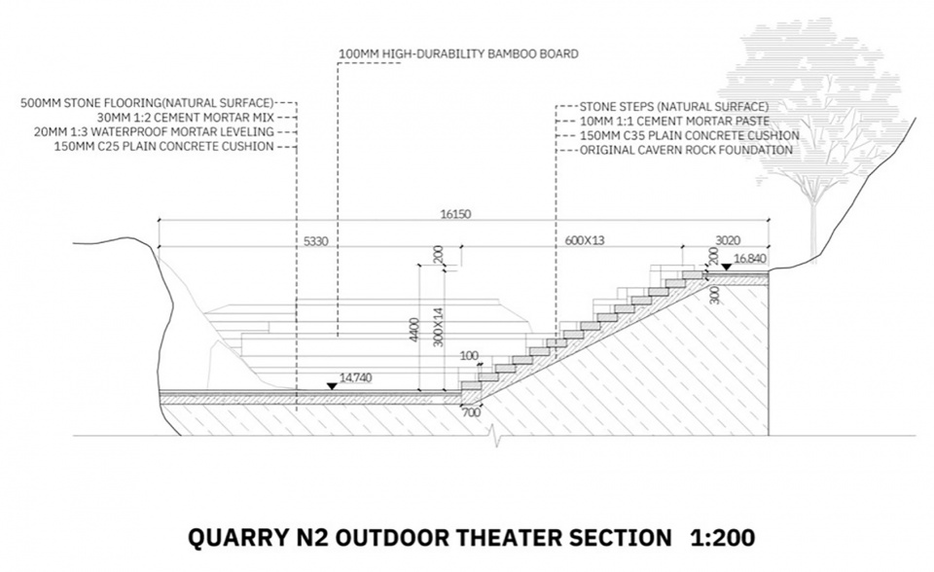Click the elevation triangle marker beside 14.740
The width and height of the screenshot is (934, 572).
[x=332, y=386]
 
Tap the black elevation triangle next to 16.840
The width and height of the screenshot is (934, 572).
[x=726, y=267]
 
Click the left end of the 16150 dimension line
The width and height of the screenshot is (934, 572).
[x=159, y=221]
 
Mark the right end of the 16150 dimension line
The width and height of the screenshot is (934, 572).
[x=769, y=221]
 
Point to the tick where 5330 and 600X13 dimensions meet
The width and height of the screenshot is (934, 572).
[x=460, y=246]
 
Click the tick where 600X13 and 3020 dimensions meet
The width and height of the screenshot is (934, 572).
[x=682, y=246]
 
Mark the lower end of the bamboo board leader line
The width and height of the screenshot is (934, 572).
[x=339, y=338]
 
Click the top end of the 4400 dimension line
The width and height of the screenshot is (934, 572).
[x=420, y=266]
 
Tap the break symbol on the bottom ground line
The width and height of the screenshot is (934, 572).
[x=494, y=436]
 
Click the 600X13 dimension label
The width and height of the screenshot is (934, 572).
[x=585, y=240]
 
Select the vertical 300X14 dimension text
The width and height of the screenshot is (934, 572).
[x=439, y=327]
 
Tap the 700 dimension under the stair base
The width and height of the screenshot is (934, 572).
[x=471, y=412]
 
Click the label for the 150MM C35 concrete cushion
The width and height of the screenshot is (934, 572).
[x=689, y=136]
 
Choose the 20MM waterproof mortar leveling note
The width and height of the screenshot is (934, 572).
[x=154, y=131]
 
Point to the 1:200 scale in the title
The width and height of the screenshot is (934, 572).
[x=723, y=538]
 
